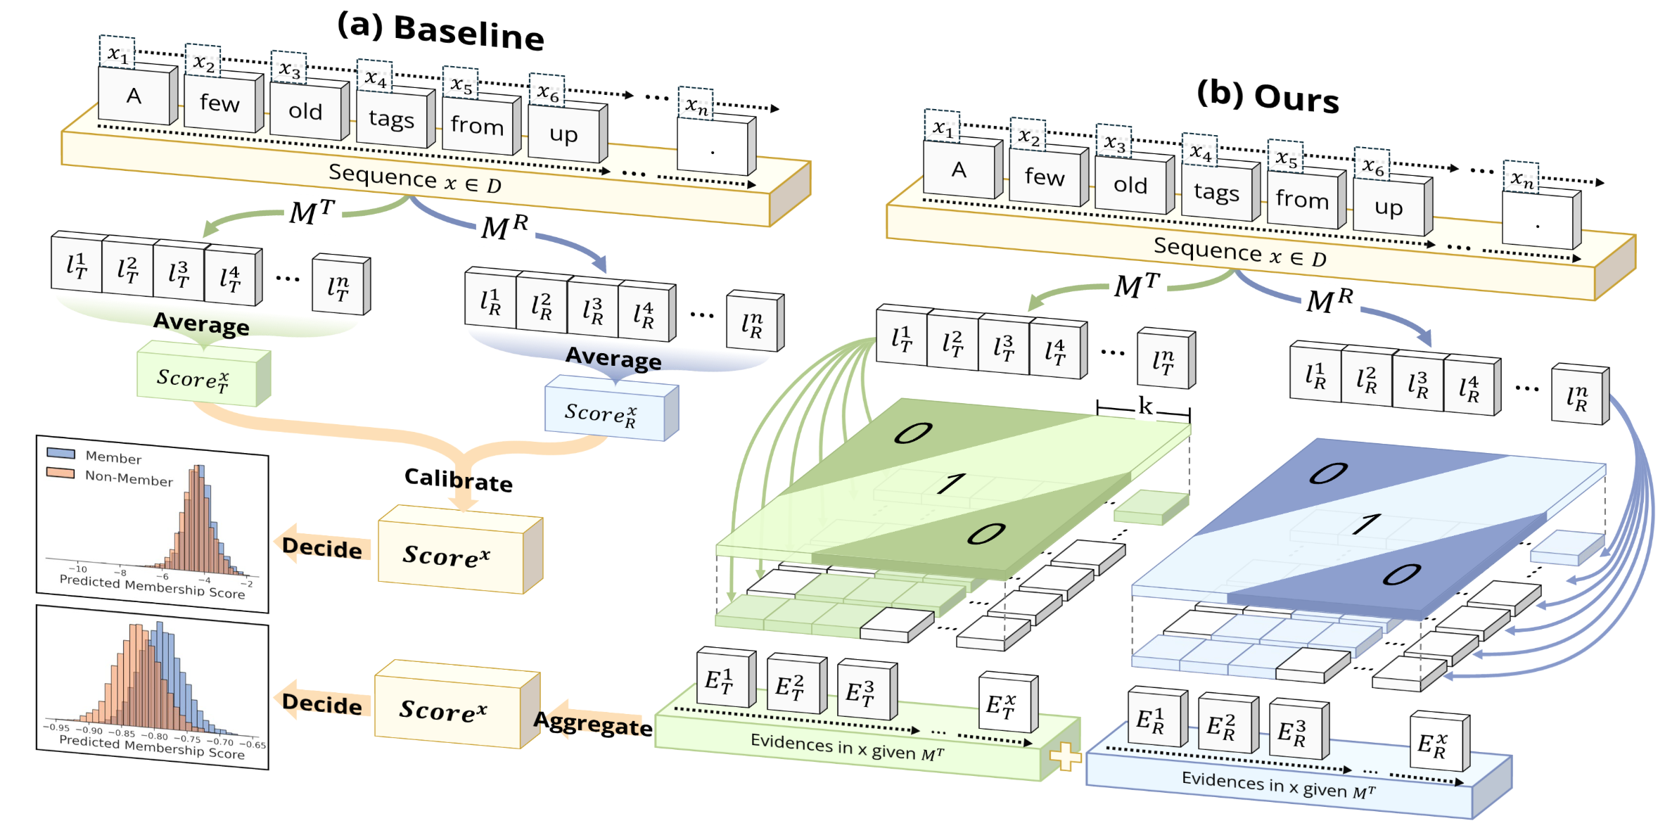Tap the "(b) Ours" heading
click(x=1268, y=96)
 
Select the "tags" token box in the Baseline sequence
click(x=391, y=118)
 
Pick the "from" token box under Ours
click(x=1302, y=199)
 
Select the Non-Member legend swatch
click(x=60, y=473)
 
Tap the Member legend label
click(x=113, y=457)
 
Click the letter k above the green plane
click(x=1145, y=405)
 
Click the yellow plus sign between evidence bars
click(x=1064, y=756)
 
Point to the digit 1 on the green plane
click(x=951, y=483)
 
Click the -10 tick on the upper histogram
click(x=78, y=568)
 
